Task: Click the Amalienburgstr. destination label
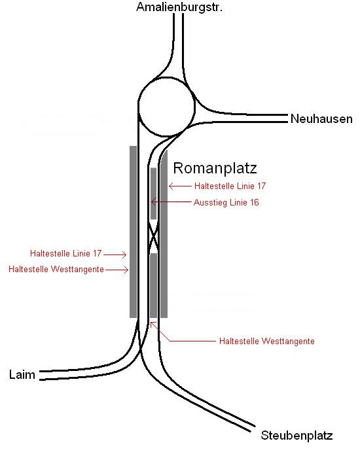click(x=179, y=7)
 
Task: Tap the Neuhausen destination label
click(x=321, y=119)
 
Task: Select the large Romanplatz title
click(x=215, y=168)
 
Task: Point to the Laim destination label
click(x=22, y=374)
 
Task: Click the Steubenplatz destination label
click(x=297, y=435)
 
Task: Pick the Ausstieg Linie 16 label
click(x=226, y=202)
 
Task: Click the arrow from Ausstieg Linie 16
click(x=171, y=202)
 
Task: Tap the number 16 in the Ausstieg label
click(x=254, y=202)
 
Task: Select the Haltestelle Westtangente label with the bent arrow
click(x=267, y=341)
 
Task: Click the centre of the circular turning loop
click(x=166, y=107)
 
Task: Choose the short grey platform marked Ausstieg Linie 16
click(x=153, y=194)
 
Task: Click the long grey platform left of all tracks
click(x=134, y=232)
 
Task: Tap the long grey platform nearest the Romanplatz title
click(x=164, y=234)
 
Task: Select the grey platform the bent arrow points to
click(x=153, y=285)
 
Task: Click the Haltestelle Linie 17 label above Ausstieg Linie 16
click(x=230, y=186)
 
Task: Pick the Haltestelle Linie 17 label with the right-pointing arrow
click(x=65, y=253)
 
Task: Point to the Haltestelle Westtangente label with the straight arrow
click(x=56, y=269)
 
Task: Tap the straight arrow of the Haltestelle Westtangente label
click(x=117, y=270)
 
